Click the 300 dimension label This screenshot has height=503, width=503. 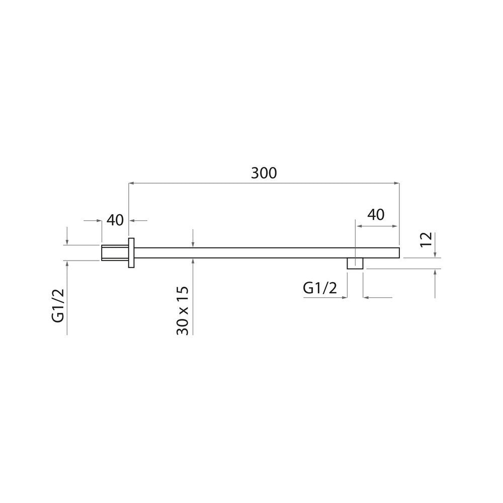264,173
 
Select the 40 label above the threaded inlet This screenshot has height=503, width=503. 115,220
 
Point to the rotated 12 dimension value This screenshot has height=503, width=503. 426,239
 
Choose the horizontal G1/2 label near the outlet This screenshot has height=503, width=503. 319,288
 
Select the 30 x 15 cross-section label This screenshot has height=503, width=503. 182,311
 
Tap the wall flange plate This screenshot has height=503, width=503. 132,253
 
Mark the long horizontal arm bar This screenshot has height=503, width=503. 267,253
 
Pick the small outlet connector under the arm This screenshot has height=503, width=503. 356,264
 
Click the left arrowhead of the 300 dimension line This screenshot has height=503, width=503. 132,184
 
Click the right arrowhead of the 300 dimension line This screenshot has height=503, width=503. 397,184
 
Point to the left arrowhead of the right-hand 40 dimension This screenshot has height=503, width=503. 358,226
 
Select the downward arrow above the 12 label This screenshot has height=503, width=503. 435,254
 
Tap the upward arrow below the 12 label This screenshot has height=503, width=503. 435,272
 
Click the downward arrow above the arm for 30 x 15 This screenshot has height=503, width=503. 193,244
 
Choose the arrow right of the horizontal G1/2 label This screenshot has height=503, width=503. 365,297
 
